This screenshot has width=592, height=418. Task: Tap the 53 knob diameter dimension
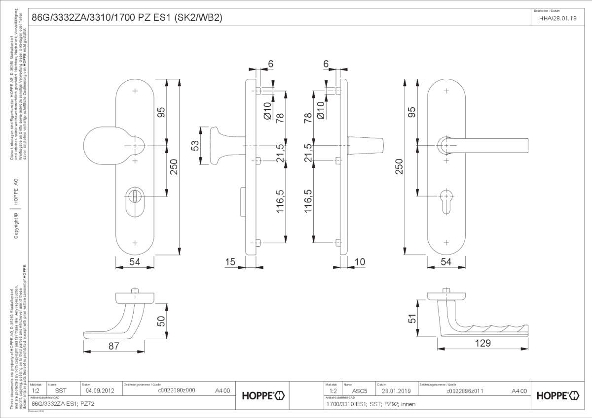coord(195,146)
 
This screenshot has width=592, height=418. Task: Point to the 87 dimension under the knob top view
coord(113,346)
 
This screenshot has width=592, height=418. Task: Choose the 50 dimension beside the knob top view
coord(160,321)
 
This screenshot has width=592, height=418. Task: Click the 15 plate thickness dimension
coord(230,262)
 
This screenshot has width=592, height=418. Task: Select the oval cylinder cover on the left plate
coord(135,202)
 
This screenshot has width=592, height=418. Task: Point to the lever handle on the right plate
coord(488,145)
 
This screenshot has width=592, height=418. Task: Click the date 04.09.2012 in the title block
coord(100,391)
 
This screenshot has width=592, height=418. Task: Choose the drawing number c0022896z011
coord(464,391)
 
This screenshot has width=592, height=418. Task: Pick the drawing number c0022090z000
coord(177,391)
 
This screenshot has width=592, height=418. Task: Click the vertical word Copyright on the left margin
coord(16,225)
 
